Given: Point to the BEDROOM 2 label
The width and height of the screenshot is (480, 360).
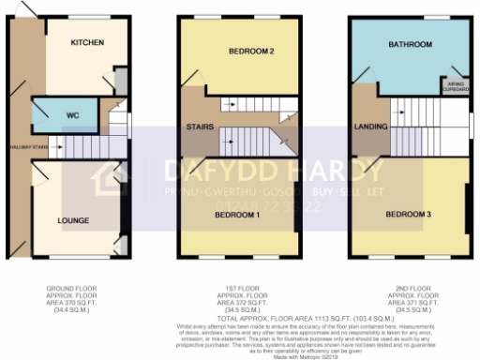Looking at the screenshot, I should coord(250,51).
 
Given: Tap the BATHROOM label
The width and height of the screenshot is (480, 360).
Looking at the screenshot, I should coord(411,44).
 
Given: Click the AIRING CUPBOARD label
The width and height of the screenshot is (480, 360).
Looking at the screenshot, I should coord(454,86).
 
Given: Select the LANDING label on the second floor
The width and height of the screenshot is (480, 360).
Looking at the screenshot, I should coord(364,127).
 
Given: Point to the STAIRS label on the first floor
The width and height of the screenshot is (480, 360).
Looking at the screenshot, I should coord(201,126).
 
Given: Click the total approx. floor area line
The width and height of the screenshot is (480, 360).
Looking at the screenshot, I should coord(241,320).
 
